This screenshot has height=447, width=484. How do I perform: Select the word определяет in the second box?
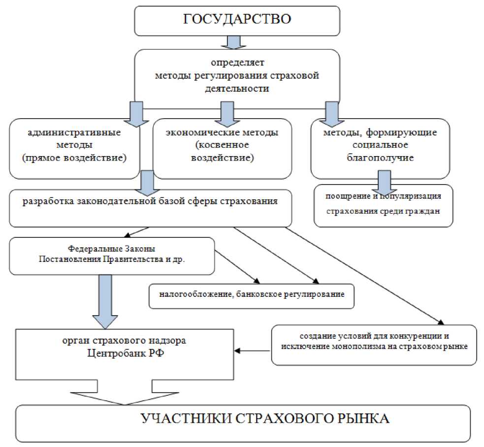click(238, 63)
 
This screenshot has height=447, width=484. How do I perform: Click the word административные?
click(75, 133)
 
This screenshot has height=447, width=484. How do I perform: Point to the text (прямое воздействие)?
click(74, 159)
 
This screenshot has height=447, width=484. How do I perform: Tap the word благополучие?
click(380, 159)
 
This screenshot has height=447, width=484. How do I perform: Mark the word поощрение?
click(346, 196)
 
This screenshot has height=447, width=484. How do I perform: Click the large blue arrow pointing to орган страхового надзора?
click(105, 301)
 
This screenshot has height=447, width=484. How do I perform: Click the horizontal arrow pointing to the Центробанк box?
click(252, 351)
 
